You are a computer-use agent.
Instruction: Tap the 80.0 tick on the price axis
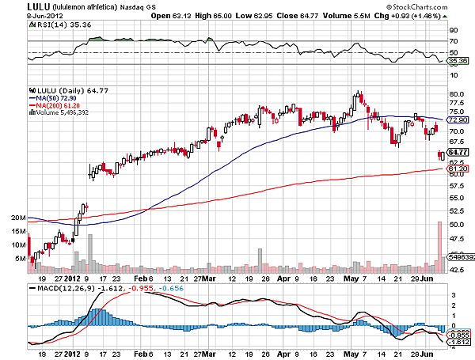pos(454,94)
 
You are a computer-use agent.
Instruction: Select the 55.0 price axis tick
pos(454,187)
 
